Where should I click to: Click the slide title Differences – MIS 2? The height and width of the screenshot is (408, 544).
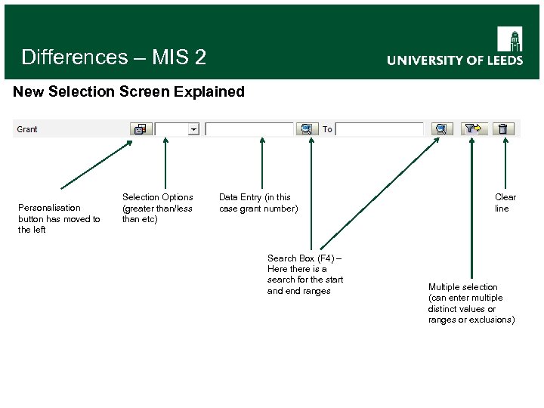click(x=113, y=57)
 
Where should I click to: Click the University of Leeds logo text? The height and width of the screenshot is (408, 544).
click(x=455, y=60)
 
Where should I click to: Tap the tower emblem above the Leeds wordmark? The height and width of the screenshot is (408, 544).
click(x=509, y=39)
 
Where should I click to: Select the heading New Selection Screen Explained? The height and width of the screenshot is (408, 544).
click(x=129, y=92)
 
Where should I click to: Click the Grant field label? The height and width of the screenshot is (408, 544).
click(x=27, y=129)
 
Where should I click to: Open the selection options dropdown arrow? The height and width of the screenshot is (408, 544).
click(x=193, y=129)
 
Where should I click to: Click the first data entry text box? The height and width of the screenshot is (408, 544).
click(x=249, y=129)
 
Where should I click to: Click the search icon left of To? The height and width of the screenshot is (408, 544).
click(x=306, y=129)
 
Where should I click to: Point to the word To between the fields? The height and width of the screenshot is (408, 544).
click(x=327, y=129)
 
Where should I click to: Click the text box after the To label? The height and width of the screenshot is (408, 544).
click(x=379, y=129)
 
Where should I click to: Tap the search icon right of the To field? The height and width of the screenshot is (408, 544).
click(x=442, y=129)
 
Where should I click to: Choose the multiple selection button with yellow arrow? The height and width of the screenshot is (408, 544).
click(x=474, y=129)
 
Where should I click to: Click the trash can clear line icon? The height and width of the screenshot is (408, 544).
click(x=503, y=129)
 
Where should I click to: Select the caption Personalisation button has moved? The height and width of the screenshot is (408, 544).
click(x=59, y=218)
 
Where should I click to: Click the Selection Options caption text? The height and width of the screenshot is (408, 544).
click(x=157, y=208)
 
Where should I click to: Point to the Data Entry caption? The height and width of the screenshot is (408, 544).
click(x=258, y=202)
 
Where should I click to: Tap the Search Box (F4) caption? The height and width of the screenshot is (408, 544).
click(x=304, y=274)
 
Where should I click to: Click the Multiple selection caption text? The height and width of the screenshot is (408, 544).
click(x=471, y=303)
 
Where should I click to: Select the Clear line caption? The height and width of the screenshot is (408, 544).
click(x=505, y=202)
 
